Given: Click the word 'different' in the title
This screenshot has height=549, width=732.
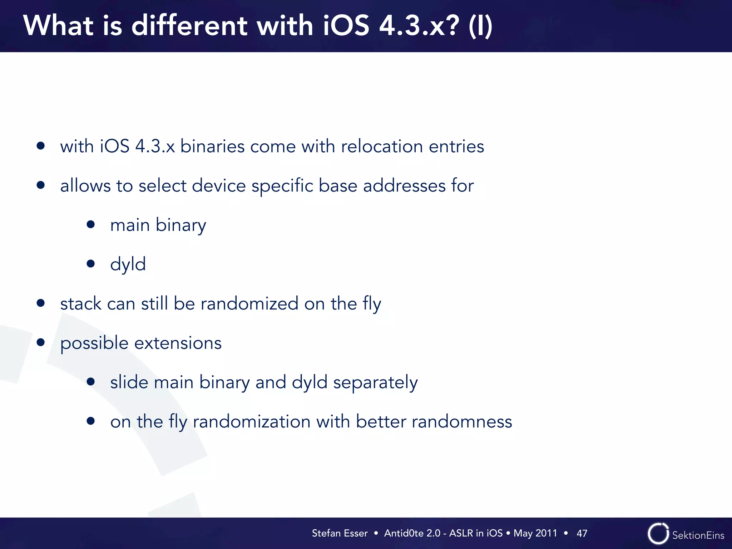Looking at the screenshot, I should click(189, 26).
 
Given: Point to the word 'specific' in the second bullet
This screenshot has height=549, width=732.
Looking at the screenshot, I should click(282, 186).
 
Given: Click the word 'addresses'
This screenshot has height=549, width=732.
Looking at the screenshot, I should click(404, 186).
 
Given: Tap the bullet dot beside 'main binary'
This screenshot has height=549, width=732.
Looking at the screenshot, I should click(91, 224).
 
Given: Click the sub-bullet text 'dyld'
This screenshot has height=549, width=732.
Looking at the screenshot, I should click(128, 264).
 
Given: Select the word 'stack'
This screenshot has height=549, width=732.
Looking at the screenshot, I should click(81, 304).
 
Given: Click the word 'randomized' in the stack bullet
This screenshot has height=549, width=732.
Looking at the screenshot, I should click(249, 304).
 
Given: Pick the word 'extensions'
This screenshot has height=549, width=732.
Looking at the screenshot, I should click(178, 343).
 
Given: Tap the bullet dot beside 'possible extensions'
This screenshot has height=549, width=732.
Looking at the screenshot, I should click(41, 342).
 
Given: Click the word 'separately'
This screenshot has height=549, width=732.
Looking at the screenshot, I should click(375, 382).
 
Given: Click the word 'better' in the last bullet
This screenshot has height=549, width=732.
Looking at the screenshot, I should click(381, 422).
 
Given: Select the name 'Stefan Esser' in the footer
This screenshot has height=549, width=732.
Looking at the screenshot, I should click(340, 533).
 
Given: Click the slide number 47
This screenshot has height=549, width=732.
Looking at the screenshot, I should click(582, 533).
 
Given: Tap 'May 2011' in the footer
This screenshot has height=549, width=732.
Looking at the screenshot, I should click(535, 533).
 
